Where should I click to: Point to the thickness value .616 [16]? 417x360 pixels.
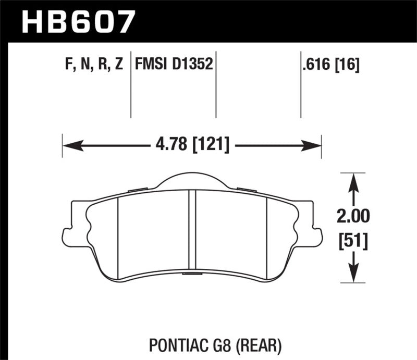[x=326, y=65]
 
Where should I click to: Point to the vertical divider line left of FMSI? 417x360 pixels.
[x=130, y=86]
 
